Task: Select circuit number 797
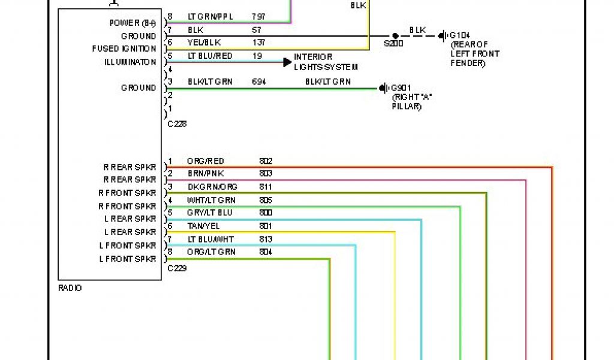coord(259,17)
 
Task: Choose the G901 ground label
coord(402,88)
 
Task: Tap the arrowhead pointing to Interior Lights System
coord(287,61)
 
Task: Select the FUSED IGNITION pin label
coord(124,49)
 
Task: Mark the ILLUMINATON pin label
coord(130,62)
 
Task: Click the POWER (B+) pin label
coord(133,23)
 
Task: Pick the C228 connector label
coord(177,124)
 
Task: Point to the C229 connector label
coord(177,268)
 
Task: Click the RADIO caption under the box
coord(70,288)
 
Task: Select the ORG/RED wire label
coord(205,161)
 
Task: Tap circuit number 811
coord(266,187)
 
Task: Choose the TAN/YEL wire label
coord(203,226)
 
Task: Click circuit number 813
coord(266,239)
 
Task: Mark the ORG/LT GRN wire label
coord(211,252)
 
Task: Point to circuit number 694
coord(259,82)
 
